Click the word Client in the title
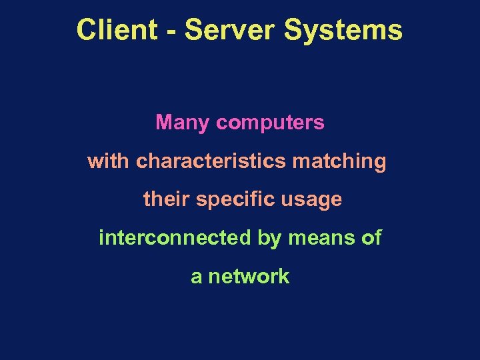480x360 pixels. (x=117, y=31)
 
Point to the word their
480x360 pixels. (x=166, y=199)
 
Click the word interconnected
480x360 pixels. (x=175, y=237)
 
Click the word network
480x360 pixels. (x=249, y=276)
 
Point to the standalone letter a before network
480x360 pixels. (x=196, y=277)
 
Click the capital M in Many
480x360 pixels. (x=163, y=123)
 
